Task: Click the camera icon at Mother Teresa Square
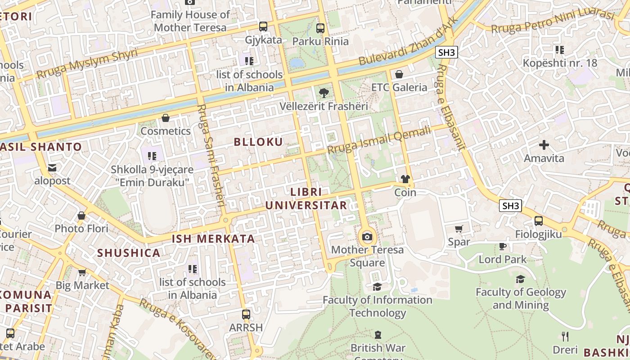(x=367, y=237)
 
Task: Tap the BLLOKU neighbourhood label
(x=258, y=142)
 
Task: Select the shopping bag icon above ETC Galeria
(x=399, y=74)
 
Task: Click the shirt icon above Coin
(x=405, y=179)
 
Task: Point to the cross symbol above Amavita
(x=544, y=145)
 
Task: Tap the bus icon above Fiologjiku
(x=538, y=221)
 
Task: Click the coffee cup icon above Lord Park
(x=503, y=246)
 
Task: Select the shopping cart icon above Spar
(x=459, y=229)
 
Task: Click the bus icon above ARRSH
(x=246, y=314)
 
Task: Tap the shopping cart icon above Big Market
(x=82, y=272)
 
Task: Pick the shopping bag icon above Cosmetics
(x=166, y=118)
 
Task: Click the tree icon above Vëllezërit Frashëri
(x=323, y=93)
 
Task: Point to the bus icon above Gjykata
(x=263, y=27)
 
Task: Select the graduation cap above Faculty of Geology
(x=521, y=279)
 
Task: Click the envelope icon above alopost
(x=52, y=168)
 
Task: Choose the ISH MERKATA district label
(x=214, y=239)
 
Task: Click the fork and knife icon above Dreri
(x=565, y=336)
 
